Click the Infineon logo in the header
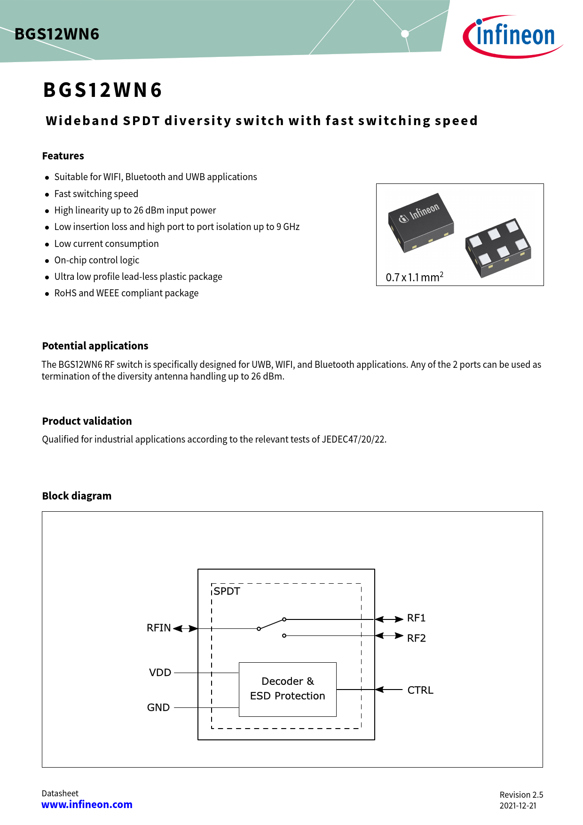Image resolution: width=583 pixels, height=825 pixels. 513,36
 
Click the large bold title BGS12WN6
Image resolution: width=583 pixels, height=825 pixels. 102,90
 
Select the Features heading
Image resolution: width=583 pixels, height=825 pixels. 63,156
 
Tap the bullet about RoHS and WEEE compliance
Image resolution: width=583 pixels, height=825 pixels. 126,293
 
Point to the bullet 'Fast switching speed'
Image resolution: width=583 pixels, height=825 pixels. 96,194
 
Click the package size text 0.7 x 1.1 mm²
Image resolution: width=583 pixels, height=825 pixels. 414,277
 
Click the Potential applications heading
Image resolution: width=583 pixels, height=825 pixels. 95,346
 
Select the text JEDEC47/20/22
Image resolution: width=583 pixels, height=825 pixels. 354,439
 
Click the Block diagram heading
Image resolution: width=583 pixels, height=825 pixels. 77,496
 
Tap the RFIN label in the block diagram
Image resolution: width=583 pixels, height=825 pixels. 158,628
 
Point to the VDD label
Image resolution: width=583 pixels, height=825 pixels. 160,673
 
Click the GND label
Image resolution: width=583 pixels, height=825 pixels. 158,707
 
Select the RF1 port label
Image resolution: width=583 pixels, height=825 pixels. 416,618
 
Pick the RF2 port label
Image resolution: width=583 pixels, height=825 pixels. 416,638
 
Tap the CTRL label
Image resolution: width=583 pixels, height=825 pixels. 420,690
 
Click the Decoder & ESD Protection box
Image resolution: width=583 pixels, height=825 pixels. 288,689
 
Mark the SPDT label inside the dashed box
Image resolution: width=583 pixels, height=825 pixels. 227,591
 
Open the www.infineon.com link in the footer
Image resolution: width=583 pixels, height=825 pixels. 87,805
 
